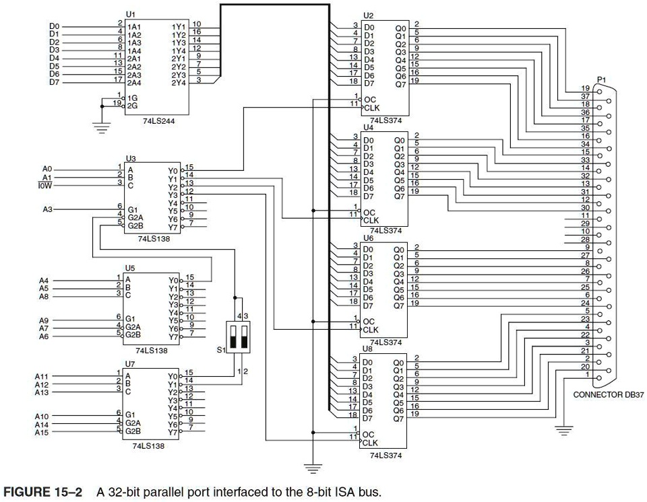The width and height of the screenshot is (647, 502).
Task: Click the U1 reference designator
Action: (x=130, y=14)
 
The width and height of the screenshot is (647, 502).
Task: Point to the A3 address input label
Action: (x=47, y=209)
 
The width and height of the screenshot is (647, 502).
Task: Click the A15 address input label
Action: (x=42, y=432)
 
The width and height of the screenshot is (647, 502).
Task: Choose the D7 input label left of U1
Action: (x=54, y=82)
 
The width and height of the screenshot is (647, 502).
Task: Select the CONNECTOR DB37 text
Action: (x=609, y=395)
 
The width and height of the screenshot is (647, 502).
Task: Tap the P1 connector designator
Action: (x=601, y=79)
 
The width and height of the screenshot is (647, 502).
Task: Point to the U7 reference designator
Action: (x=129, y=363)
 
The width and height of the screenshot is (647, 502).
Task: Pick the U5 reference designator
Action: (x=129, y=266)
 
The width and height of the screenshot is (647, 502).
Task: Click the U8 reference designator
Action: (x=367, y=349)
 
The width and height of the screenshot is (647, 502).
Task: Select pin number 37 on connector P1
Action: (x=586, y=96)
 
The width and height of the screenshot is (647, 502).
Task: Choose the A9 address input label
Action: (x=44, y=320)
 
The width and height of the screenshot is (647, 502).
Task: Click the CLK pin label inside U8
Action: (x=371, y=443)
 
